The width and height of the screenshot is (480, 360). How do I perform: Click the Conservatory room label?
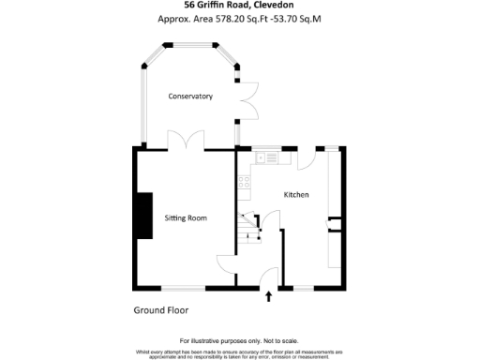[x=190, y=97]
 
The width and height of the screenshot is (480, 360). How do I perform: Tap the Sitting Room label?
[x=185, y=217]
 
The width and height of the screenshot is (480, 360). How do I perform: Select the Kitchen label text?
[x=297, y=194]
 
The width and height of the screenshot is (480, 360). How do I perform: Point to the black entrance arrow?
[x=270, y=297]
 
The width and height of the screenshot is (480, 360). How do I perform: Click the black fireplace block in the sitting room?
[x=144, y=216]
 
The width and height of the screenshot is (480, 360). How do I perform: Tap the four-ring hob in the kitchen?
[x=243, y=181]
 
